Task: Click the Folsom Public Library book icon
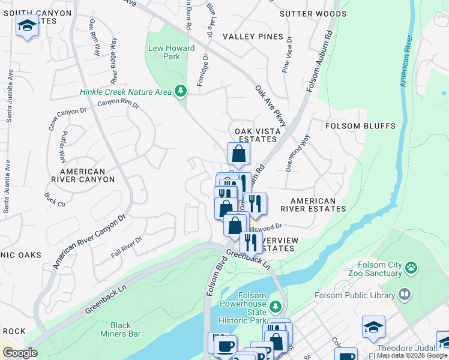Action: point(405,295)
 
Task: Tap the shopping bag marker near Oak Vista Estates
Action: point(238,154)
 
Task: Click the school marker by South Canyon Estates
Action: point(27,26)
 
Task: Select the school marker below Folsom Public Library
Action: point(373,327)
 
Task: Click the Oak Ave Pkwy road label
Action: point(271,106)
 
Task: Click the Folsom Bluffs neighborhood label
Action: point(360,126)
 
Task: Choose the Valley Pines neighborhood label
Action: point(253,37)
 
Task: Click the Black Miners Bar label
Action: point(121,329)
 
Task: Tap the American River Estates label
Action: point(318,205)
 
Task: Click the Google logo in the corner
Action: point(20,353)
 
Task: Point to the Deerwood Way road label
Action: point(297,153)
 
